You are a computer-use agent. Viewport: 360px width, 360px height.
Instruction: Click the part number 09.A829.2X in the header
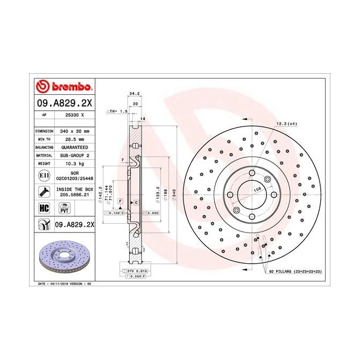coord(64,102)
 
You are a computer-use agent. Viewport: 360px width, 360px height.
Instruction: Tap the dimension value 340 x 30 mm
coord(75,131)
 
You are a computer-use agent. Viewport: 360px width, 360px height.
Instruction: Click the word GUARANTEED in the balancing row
coord(75,146)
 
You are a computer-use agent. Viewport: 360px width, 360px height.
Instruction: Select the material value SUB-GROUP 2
coord(75,154)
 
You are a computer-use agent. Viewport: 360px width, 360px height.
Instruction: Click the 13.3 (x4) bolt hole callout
coord(286,124)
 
